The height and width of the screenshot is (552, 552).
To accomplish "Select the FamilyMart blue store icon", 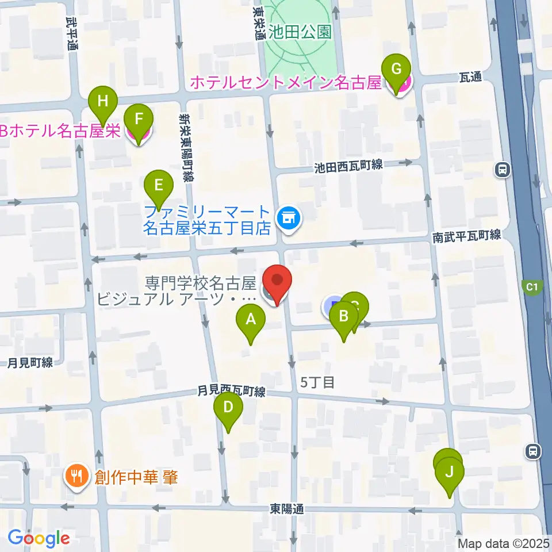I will pyautogui.click(x=287, y=218).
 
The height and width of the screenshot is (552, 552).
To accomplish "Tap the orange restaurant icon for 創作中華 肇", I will pyautogui.click(x=75, y=476).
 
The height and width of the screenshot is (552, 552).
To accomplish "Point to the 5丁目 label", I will pyautogui.click(x=317, y=382).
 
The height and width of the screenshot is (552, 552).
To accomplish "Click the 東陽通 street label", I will pyautogui.click(x=286, y=509).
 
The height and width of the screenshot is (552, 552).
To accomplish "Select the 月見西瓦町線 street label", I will pyautogui.click(x=231, y=392).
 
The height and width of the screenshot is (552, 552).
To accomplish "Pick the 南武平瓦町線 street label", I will pyautogui.click(x=467, y=236).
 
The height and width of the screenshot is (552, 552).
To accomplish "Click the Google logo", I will pyautogui.click(x=39, y=538).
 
